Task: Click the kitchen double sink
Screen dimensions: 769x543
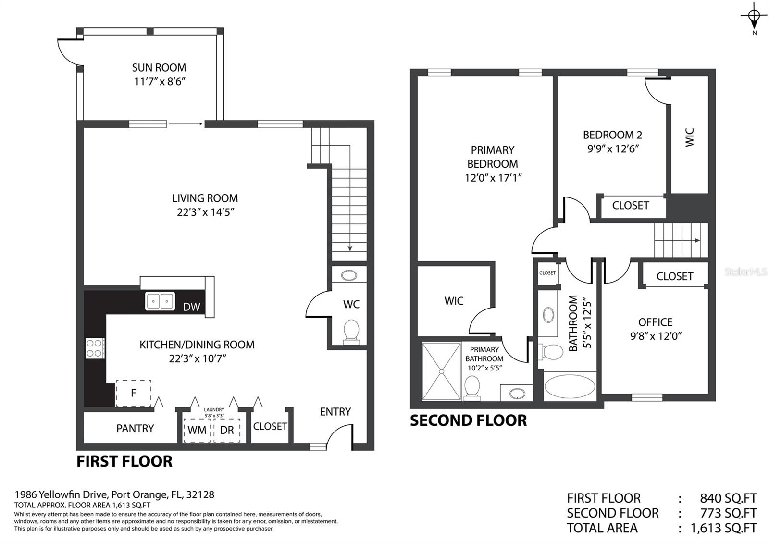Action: tap(160, 301)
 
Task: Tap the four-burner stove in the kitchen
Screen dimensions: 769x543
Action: tap(95, 348)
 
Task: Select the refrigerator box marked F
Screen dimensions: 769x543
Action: tap(134, 393)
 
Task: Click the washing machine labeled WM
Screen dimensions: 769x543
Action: tap(197, 430)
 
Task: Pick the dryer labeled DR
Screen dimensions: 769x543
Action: tap(227, 430)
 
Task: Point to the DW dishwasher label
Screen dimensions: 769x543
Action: tap(192, 307)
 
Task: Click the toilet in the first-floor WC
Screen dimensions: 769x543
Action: tap(351, 331)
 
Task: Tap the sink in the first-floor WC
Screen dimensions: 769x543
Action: tap(349, 275)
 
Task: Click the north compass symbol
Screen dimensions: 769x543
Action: tap(754, 18)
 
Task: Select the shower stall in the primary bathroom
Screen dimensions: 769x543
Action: tap(442, 371)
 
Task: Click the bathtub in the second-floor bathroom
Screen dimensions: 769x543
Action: tap(570, 386)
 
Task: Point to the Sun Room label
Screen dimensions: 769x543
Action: tap(159, 67)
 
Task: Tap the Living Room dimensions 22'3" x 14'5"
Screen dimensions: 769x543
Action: tap(205, 212)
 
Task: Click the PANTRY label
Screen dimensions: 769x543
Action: tap(135, 428)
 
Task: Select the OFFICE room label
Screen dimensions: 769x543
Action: tap(656, 322)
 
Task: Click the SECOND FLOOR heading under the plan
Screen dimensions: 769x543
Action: tap(468, 420)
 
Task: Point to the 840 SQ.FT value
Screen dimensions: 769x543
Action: tap(729, 498)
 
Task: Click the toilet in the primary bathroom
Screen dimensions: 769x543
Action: tap(471, 388)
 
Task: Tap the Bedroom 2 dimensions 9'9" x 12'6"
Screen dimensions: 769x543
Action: tap(613, 148)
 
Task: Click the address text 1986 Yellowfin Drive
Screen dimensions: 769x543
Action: tap(62, 494)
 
